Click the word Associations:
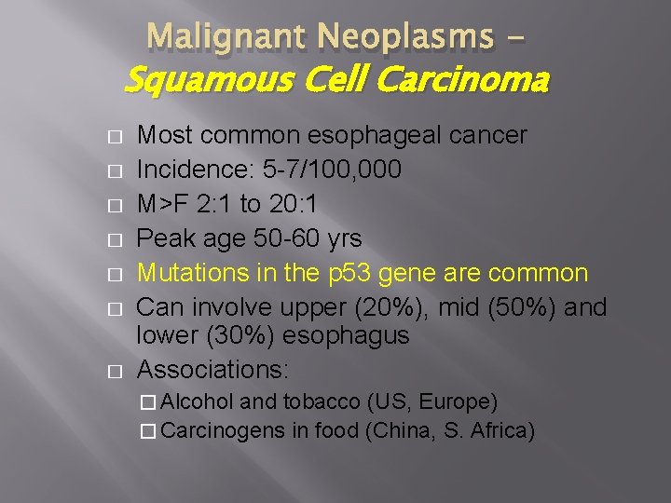point(212,369)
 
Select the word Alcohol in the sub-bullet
point(200,402)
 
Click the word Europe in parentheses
point(456,402)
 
